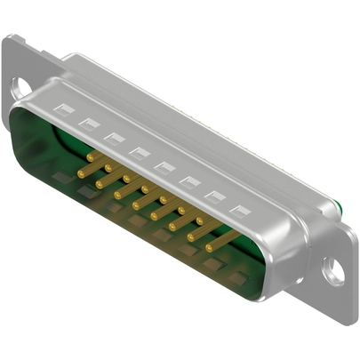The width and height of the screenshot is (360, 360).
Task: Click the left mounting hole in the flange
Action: [20, 86]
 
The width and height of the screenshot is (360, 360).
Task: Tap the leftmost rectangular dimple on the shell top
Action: [63, 109]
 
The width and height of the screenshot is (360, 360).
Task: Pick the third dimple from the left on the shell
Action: [114, 138]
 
